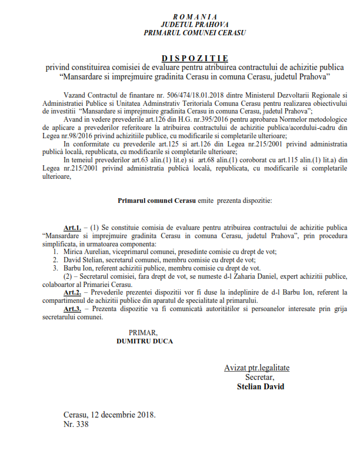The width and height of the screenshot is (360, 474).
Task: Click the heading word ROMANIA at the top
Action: pyautogui.click(x=195, y=16)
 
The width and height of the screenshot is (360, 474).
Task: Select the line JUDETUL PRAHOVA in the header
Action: pyautogui.click(x=195, y=24)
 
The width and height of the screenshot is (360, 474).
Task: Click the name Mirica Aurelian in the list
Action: pyautogui.click(x=86, y=251)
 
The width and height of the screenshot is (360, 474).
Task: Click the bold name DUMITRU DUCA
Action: pyautogui.click(x=145, y=341)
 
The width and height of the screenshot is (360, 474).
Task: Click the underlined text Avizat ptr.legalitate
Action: pyautogui.click(x=256, y=368)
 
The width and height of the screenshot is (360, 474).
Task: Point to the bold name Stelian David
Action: pyautogui.click(x=260, y=386)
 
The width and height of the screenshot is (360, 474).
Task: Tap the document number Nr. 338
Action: pyautogui.click(x=76, y=423)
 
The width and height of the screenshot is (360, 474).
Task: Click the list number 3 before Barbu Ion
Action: pyautogui.click(x=55, y=268)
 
